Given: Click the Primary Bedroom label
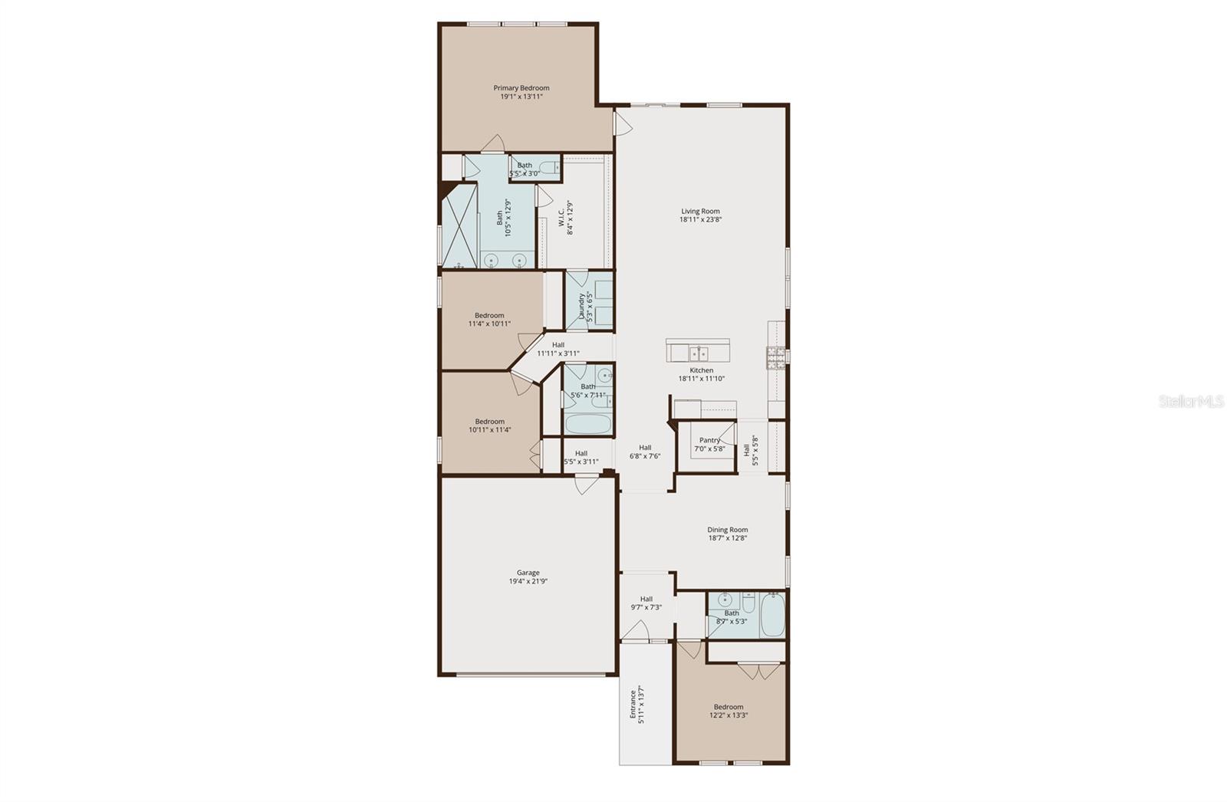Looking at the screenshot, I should tap(521, 88).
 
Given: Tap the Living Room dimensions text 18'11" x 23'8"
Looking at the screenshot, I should tap(700, 219).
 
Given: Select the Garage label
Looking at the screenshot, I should tap(528, 573).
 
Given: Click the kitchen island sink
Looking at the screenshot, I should tap(698, 353).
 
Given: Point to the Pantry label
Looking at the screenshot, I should tap(709, 440).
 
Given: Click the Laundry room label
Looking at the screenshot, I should tap(582, 306).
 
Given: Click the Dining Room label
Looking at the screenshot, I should tap(727, 530).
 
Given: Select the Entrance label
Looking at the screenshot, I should tap(633, 704).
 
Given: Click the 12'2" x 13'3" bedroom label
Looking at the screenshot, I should tap(728, 707).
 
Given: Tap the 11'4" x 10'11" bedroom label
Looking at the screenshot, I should tap(489, 315).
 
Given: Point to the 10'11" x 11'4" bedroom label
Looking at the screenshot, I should tap(489, 421).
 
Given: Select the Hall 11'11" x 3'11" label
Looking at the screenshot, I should tap(558, 345).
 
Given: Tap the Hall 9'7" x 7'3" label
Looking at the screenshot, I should tap(646, 599).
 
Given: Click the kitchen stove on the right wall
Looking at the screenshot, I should tap(775, 357).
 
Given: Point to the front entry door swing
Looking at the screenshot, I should tap(636, 630).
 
